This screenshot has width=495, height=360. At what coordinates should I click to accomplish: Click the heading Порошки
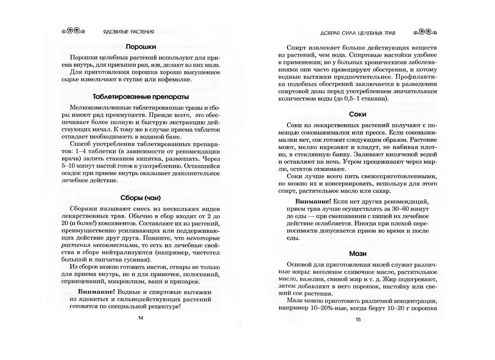pyautogui.click(x=141, y=47)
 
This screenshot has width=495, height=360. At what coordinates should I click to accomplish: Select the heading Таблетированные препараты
pyautogui.click(x=141, y=97)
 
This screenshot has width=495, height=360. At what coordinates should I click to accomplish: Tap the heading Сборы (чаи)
pyautogui.click(x=141, y=198)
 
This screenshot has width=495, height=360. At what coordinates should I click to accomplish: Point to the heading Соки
pyautogui.click(x=357, y=114)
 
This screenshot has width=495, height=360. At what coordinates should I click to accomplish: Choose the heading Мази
pyautogui.click(x=357, y=254)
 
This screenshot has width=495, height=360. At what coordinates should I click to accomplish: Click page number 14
pyautogui.click(x=141, y=318)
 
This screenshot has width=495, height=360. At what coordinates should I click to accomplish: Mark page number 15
pyautogui.click(x=358, y=319)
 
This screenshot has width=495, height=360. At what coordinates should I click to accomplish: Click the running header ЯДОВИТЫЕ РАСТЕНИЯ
pyautogui.click(x=128, y=32)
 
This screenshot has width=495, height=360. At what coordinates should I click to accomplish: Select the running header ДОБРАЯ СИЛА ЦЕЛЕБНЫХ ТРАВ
pyautogui.click(x=358, y=33)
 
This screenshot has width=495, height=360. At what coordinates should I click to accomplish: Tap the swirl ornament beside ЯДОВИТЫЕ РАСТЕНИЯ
pyautogui.click(x=73, y=31)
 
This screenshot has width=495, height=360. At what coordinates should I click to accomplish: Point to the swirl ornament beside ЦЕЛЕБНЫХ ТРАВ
pyautogui.click(x=425, y=32)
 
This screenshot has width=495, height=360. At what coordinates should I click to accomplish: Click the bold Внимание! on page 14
pyautogui.click(x=96, y=292)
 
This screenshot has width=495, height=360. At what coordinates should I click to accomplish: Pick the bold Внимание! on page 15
pyautogui.click(x=313, y=201)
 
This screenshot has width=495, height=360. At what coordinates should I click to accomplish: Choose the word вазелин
pyautogui.click(x=312, y=279)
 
